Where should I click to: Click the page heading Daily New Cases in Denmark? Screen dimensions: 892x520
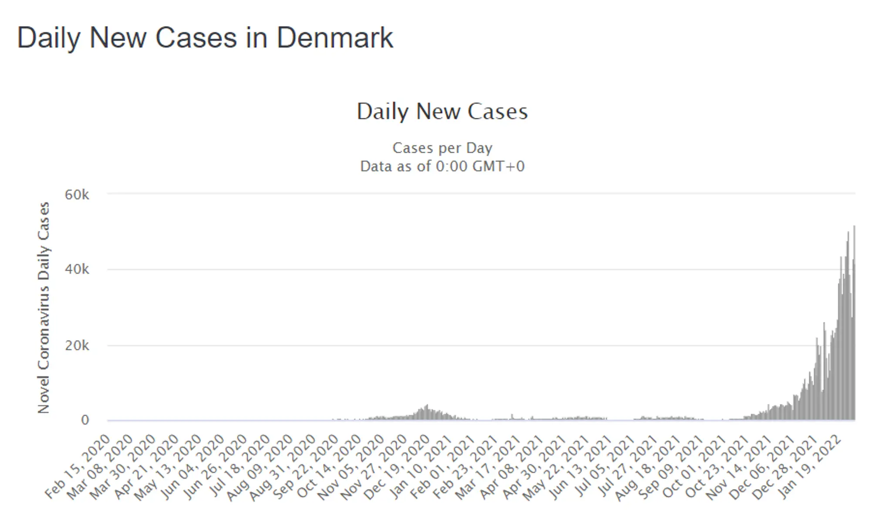click(x=205, y=38)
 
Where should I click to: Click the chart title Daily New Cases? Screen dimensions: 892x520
click(x=442, y=111)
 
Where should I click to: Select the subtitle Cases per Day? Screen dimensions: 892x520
click(x=442, y=148)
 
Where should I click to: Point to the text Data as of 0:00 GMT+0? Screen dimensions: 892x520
click(x=442, y=166)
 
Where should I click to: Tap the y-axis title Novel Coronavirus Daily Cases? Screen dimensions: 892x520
click(x=44, y=308)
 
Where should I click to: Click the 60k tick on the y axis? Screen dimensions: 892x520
click(x=77, y=195)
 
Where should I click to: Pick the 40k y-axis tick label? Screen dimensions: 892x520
click(x=77, y=269)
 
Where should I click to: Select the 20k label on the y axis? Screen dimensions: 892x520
click(x=77, y=346)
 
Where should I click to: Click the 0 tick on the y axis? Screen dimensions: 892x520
click(x=85, y=420)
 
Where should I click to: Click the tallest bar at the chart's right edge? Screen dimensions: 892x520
click(x=854, y=322)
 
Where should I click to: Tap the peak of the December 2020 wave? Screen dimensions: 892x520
click(x=427, y=405)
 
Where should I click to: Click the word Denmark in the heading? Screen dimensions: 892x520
click(x=335, y=37)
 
